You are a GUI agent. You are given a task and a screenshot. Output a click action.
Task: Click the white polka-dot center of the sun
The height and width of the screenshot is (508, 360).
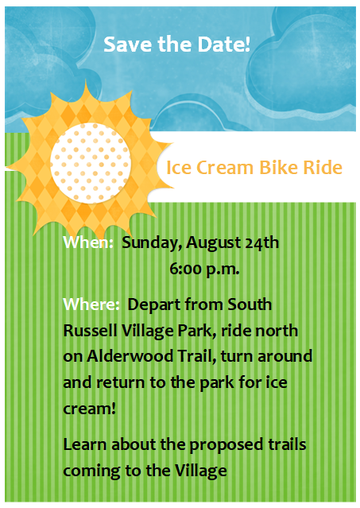(91, 163)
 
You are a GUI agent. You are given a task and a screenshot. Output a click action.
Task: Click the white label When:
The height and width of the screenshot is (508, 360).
(88, 242)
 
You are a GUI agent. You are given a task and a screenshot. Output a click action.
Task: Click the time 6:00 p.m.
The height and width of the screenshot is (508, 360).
(204, 270)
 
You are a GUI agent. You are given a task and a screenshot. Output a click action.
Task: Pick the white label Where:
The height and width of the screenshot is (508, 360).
(91, 304)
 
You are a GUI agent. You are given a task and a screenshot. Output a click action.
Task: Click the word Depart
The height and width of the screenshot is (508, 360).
(153, 305)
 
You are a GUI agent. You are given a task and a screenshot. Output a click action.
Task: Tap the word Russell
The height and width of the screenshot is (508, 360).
(90, 331)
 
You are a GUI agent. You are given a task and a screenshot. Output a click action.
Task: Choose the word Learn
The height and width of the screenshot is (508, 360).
(85, 444)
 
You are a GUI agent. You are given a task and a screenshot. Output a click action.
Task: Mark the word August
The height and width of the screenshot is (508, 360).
(213, 243)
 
